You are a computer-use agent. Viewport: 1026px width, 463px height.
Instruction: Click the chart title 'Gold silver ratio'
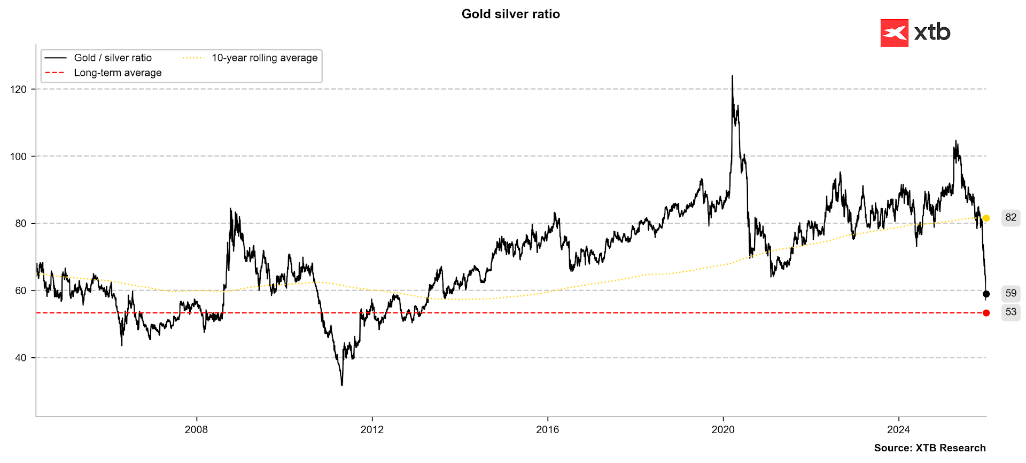pyautogui.click(x=510, y=14)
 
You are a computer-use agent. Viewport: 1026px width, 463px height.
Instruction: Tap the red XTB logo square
pyautogui.click(x=894, y=33)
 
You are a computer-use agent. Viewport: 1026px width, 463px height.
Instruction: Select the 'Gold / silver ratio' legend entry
pyautogui.click(x=112, y=58)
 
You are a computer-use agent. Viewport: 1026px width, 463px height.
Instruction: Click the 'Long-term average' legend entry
pyautogui.click(x=117, y=73)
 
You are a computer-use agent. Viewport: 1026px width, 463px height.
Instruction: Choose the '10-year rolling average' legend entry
pyautogui.click(x=264, y=58)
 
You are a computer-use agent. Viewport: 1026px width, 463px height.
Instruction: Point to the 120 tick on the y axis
pyautogui.click(x=18, y=89)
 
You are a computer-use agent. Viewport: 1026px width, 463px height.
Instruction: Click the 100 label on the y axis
pyautogui.click(x=18, y=156)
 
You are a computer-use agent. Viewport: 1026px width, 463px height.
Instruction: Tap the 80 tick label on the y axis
pyautogui.click(x=20, y=224)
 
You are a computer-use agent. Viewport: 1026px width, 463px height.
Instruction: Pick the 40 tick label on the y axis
pyautogui.click(x=20, y=358)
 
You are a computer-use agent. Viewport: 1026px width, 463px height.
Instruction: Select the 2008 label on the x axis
pyautogui.click(x=196, y=430)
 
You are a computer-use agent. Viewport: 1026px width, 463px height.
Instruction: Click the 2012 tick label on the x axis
pyautogui.click(x=372, y=430)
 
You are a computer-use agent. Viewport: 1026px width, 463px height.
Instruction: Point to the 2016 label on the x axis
pyautogui.click(x=547, y=430)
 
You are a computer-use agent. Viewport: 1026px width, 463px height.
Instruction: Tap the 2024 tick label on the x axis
pyautogui.click(x=898, y=430)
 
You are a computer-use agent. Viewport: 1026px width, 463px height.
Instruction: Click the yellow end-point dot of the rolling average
pyautogui.click(x=986, y=218)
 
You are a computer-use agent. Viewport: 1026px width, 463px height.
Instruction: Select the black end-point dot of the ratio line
pyautogui.click(x=986, y=294)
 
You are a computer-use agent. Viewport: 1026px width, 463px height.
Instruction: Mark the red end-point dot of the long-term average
pyautogui.click(x=986, y=313)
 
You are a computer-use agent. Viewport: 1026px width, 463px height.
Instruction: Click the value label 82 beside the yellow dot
pyautogui.click(x=1011, y=217)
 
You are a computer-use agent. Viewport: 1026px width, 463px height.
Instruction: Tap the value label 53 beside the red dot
pyautogui.click(x=1011, y=312)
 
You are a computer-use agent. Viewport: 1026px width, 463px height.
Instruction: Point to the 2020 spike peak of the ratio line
pyautogui.click(x=732, y=76)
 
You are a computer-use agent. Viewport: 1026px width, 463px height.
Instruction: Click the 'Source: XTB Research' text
pyautogui.click(x=929, y=448)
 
